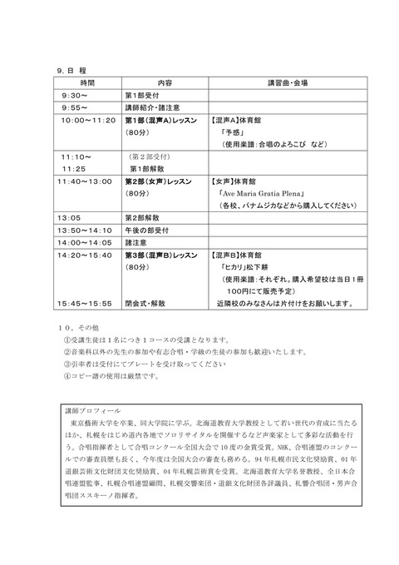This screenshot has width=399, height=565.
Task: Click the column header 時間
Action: pos(87,84)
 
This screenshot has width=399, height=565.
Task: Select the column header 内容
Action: pos(164,84)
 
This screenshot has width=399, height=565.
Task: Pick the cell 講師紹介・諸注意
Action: pos(157,107)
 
